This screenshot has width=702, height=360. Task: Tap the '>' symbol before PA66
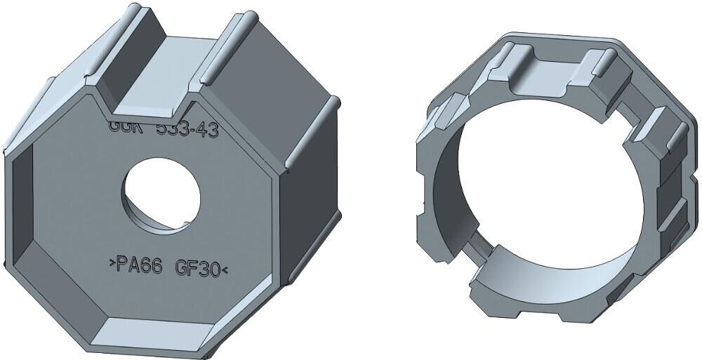(111, 265)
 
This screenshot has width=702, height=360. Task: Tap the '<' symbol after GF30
(225, 269)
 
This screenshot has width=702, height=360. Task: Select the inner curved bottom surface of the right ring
(534, 277)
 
